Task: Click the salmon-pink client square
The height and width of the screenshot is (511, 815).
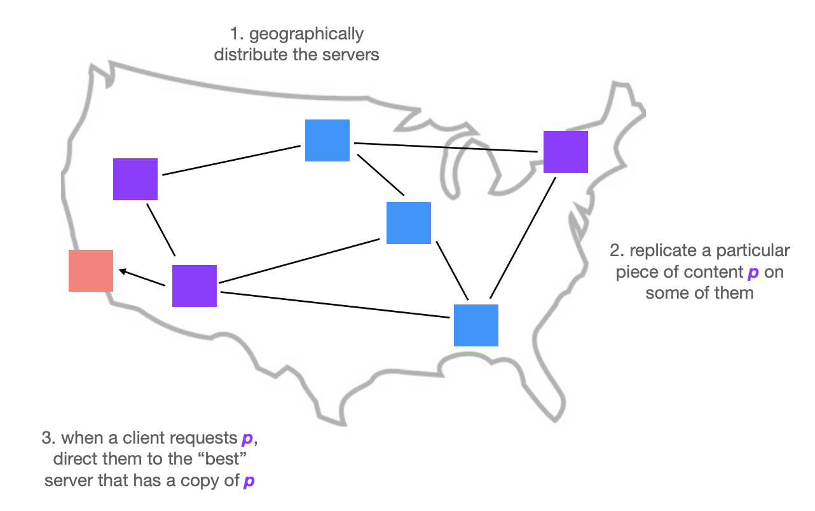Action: (x=91, y=271)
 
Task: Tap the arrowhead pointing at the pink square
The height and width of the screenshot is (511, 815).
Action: (x=123, y=271)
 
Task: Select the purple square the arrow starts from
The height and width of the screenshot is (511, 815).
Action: (x=195, y=286)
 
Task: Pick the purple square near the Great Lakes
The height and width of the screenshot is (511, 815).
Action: (x=566, y=152)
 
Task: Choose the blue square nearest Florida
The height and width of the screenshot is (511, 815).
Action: (x=476, y=325)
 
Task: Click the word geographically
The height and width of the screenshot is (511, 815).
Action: (x=306, y=35)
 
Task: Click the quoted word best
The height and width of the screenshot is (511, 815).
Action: (x=222, y=459)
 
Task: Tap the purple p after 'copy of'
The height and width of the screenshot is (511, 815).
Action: (x=249, y=482)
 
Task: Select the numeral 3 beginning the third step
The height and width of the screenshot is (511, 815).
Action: (x=46, y=438)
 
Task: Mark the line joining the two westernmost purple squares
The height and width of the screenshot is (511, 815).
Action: (x=161, y=230)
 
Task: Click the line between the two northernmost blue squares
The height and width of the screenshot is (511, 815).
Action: (x=381, y=175)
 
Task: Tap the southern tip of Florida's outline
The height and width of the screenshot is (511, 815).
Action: (x=555, y=421)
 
